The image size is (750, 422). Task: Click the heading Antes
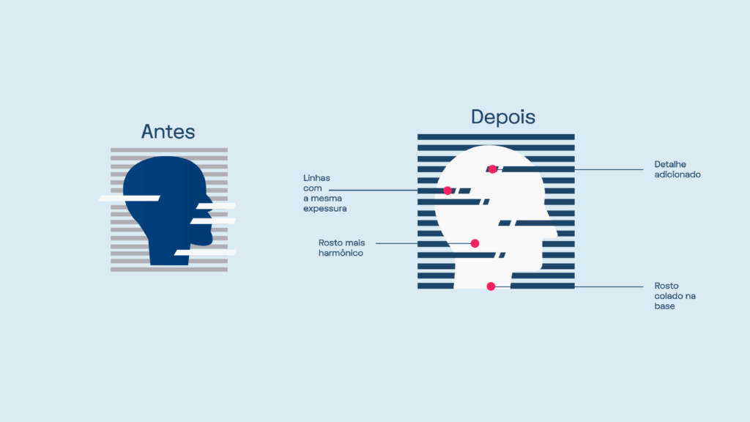tap(168, 132)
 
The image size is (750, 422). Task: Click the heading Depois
tap(502, 116)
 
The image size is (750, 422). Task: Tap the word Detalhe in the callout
tap(670, 164)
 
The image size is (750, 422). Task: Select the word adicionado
tap(677, 174)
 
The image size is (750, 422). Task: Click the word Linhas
tap(316, 178)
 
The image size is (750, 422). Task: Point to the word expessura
tap(324, 209)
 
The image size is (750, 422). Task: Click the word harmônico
tap(341, 253)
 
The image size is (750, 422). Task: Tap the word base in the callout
tap(664, 306)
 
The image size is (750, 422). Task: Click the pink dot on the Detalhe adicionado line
tap(492, 169)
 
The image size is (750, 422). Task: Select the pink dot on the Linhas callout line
tap(448, 190)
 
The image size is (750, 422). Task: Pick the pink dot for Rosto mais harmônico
tap(475, 243)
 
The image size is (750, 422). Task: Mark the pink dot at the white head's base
tap(491, 286)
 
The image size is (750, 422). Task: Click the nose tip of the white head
tap(557, 234)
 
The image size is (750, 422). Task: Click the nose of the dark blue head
tap(210, 201)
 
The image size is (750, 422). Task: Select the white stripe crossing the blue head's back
tap(129, 198)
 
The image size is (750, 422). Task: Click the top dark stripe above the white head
tap(496, 137)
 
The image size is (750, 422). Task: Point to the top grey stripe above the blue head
tap(169, 150)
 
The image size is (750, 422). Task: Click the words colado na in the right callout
tap(675, 296)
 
